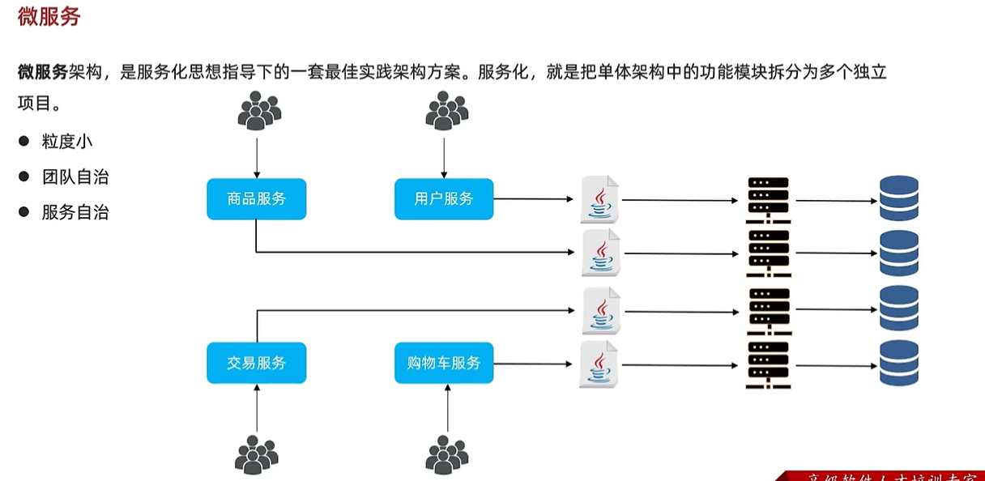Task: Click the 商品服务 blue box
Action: (256, 199)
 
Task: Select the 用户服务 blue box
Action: (444, 199)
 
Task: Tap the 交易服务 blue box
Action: (256, 363)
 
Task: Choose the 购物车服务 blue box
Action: (444, 363)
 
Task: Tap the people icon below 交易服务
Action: (256, 454)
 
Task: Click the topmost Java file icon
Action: (600, 199)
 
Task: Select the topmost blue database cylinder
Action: (899, 198)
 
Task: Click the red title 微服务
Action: (49, 16)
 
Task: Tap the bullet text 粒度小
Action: (67, 141)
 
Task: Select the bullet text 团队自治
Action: (75, 177)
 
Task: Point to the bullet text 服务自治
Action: (75, 212)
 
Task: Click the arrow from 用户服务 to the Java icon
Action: (535, 198)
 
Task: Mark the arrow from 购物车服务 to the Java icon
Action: (535, 364)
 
